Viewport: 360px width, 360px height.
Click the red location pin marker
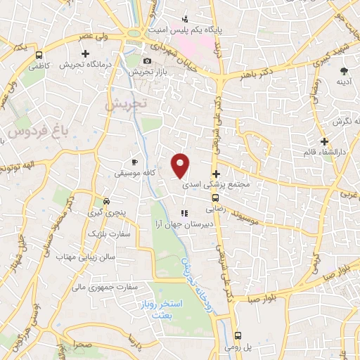click(181, 165)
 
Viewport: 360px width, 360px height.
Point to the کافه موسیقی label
click(135, 172)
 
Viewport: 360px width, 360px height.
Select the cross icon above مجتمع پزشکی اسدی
click(216, 174)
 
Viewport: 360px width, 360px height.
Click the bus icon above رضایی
click(215, 198)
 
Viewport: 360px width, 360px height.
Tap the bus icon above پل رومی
click(238, 335)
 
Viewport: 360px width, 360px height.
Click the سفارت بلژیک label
click(105, 232)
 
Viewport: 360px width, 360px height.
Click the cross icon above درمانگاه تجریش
click(86, 53)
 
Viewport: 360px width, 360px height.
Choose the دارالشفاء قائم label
click(323, 152)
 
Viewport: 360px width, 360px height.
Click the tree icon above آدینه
click(344, 71)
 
